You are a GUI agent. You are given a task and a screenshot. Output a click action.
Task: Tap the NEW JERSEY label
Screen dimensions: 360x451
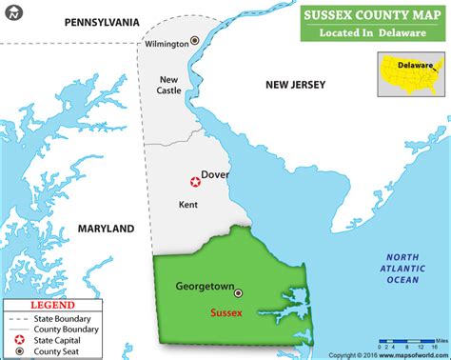pyautogui.click(x=295, y=86)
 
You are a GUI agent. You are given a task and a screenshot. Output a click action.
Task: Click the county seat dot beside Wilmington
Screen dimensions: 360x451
pyautogui.click(x=195, y=41)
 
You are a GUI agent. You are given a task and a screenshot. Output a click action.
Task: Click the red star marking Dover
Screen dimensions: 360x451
pyautogui.click(x=195, y=181)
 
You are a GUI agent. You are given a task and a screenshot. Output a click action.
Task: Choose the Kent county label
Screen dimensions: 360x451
pyautogui.click(x=188, y=204)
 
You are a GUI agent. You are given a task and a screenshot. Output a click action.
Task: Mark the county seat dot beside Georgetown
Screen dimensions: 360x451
pyautogui.click(x=239, y=293)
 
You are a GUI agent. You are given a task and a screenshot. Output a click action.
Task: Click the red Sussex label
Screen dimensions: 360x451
pyautogui.click(x=227, y=311)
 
